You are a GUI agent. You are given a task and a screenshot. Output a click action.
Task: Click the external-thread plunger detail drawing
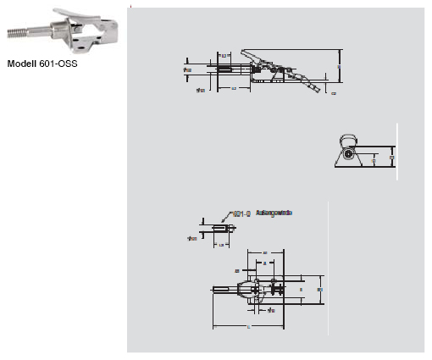point(216,230)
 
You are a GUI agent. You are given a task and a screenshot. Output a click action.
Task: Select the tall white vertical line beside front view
point(396,149)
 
